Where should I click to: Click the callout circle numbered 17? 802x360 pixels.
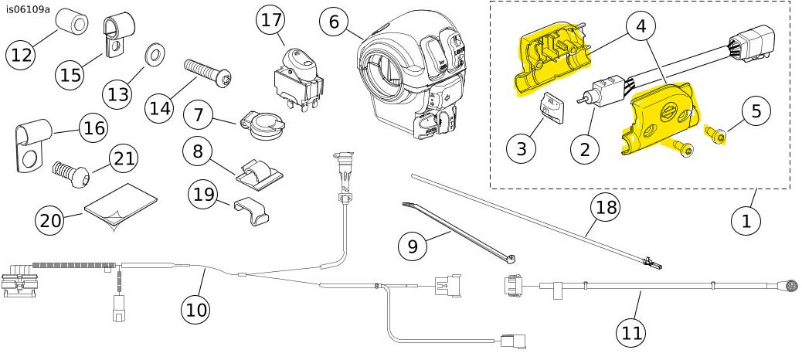(271, 20)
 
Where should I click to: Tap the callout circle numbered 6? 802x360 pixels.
(334, 22)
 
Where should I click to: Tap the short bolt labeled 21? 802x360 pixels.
(70, 172)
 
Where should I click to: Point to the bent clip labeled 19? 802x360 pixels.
(253, 209)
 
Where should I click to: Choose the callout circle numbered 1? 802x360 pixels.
(746, 220)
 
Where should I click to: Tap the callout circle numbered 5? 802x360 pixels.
(755, 110)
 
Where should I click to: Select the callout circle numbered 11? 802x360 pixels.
(632, 333)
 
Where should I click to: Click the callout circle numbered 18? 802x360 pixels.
(606, 207)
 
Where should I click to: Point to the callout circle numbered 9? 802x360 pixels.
(413, 246)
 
